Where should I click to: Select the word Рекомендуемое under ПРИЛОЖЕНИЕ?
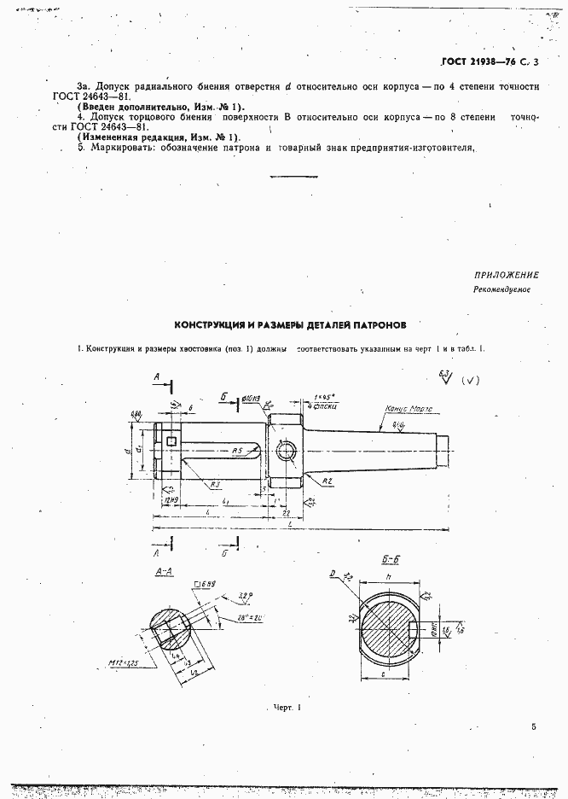tap(503, 290)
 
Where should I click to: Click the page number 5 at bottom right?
tap(533, 727)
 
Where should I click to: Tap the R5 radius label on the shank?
tap(240, 450)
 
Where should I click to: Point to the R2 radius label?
tap(327, 482)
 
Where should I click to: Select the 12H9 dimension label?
tap(171, 500)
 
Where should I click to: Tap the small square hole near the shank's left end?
tap(172, 441)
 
